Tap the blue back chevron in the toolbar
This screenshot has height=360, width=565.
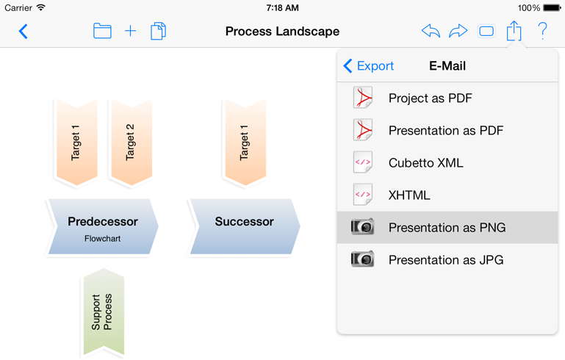click(x=23, y=32)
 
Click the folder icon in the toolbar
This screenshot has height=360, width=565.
click(x=102, y=31)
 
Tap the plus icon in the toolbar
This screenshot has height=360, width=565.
click(x=130, y=31)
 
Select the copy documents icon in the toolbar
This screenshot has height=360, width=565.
click(x=158, y=31)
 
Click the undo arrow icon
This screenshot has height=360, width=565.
click(x=431, y=31)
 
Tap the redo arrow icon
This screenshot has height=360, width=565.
click(x=458, y=31)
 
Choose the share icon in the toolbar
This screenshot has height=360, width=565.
click(x=514, y=31)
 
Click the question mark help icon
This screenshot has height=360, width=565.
click(x=542, y=31)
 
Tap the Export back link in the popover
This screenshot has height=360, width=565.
click(x=368, y=66)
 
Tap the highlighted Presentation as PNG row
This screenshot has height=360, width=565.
click(x=447, y=227)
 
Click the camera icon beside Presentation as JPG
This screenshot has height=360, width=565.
click(x=362, y=259)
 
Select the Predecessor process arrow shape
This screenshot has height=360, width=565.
click(x=102, y=227)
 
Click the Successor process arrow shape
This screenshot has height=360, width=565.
click(x=245, y=227)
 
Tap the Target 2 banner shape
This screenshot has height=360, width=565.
click(x=132, y=143)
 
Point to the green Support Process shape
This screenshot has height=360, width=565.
click(x=104, y=312)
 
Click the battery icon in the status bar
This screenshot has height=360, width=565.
click(x=552, y=7)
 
